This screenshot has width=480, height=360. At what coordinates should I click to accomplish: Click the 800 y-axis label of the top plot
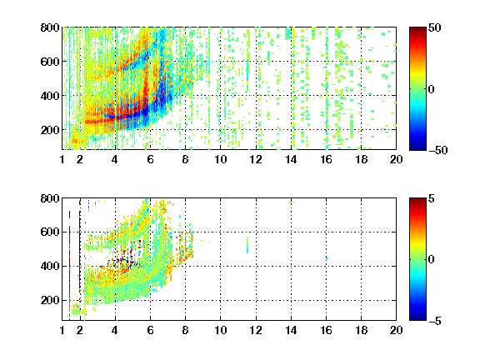click(50, 27)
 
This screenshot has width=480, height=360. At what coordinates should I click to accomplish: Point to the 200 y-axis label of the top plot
click(50, 130)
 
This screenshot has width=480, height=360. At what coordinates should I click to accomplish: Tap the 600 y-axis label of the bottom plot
click(50, 232)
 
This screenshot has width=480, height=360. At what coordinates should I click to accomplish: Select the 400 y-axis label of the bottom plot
click(50, 266)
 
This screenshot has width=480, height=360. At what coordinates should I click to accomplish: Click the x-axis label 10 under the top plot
click(220, 159)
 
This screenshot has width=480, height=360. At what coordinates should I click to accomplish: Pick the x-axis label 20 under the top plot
click(396, 159)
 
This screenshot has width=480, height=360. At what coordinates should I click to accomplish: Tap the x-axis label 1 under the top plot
click(62, 159)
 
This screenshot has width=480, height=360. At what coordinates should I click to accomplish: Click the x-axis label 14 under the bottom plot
click(291, 330)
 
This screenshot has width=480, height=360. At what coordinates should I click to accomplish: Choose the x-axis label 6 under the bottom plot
click(150, 330)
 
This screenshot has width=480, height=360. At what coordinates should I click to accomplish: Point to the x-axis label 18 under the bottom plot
click(361, 330)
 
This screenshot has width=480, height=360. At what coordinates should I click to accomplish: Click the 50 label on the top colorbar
click(435, 27)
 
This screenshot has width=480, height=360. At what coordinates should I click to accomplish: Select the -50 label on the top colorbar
click(438, 150)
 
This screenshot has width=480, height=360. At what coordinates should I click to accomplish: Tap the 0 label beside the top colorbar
click(432, 89)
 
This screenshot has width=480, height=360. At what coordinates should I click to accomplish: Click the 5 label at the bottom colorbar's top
click(432, 198)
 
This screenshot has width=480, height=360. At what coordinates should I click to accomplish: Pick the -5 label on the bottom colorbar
click(435, 321)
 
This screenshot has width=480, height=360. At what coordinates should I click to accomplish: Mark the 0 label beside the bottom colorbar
click(432, 260)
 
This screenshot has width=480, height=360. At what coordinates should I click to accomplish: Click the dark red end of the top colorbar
click(417, 30)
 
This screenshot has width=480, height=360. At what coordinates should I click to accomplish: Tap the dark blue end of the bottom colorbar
click(417, 317)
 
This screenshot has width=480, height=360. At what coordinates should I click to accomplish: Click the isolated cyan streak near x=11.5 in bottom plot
click(247, 245)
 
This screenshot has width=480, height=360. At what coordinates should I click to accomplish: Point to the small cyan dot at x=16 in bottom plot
click(327, 258)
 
